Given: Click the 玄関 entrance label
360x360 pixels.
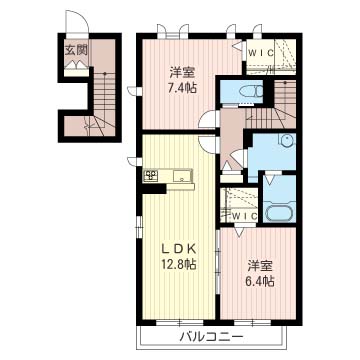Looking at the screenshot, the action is click(x=76, y=50).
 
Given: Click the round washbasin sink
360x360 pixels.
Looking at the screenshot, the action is click(x=287, y=140).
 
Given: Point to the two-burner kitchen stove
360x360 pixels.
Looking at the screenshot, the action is click(x=151, y=175).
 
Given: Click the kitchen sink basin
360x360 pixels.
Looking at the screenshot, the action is click(x=182, y=175).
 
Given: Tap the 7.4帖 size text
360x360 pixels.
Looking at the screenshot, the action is click(x=182, y=88).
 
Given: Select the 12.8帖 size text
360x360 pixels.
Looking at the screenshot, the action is click(x=179, y=264).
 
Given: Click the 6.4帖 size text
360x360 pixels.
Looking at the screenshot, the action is click(x=261, y=282).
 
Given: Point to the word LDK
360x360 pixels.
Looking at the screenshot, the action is click(x=179, y=248).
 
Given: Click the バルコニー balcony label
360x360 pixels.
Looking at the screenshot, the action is click(x=211, y=337).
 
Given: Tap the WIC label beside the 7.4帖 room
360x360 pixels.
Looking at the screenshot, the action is click(x=261, y=53).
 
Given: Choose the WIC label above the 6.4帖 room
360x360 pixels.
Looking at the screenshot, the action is click(x=245, y=216).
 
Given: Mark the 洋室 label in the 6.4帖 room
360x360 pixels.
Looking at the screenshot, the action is click(x=261, y=266).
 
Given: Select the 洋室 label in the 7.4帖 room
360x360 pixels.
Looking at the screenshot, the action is click(x=182, y=73).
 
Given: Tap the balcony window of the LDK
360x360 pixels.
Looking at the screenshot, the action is click(x=179, y=322).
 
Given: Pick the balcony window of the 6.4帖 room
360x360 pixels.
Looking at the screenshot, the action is click(x=252, y=322).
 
